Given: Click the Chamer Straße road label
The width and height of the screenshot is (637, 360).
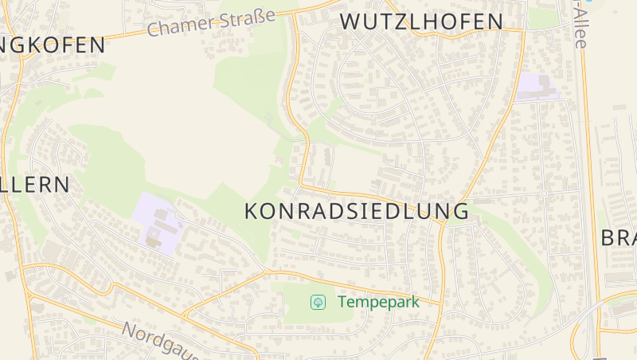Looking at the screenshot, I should click(212, 22).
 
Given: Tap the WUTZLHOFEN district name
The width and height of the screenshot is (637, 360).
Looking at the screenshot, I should click(421, 22).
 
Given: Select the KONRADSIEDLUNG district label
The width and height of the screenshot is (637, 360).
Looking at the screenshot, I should click(356, 211).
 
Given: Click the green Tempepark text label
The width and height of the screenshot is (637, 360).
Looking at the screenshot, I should click(378, 302).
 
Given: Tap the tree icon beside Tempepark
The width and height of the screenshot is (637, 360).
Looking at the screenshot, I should click(318, 302).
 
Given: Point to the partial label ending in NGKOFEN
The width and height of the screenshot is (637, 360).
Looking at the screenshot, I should click(53, 45).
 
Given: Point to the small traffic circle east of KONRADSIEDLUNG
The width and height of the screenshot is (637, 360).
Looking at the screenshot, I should click(543, 194).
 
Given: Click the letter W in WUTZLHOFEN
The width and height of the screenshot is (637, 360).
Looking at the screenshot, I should click(350, 22).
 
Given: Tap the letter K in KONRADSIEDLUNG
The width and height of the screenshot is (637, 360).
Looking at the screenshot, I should click(251, 211).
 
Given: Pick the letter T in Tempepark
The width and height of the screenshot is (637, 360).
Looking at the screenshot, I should click(342, 302).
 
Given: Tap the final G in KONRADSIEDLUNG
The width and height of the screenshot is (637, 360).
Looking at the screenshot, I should click(459, 211).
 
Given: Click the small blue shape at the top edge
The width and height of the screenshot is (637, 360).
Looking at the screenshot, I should click(588, 2).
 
